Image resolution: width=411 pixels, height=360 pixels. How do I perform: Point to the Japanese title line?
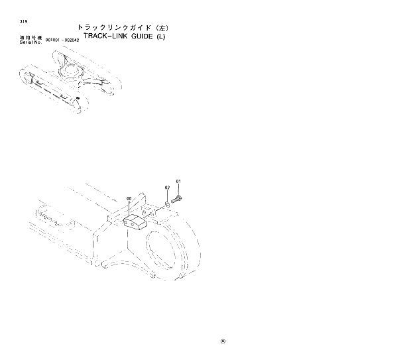[x=124, y=28]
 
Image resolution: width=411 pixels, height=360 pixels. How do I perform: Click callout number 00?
[x=129, y=198]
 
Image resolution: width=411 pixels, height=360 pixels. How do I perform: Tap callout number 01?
[x=178, y=181]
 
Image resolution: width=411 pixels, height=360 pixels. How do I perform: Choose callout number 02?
[x=167, y=188]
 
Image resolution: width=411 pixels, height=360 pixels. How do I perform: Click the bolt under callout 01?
[x=177, y=198]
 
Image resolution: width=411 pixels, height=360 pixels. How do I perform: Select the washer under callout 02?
[x=168, y=204]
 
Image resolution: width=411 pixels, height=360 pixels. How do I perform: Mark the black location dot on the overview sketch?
[x=78, y=97]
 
